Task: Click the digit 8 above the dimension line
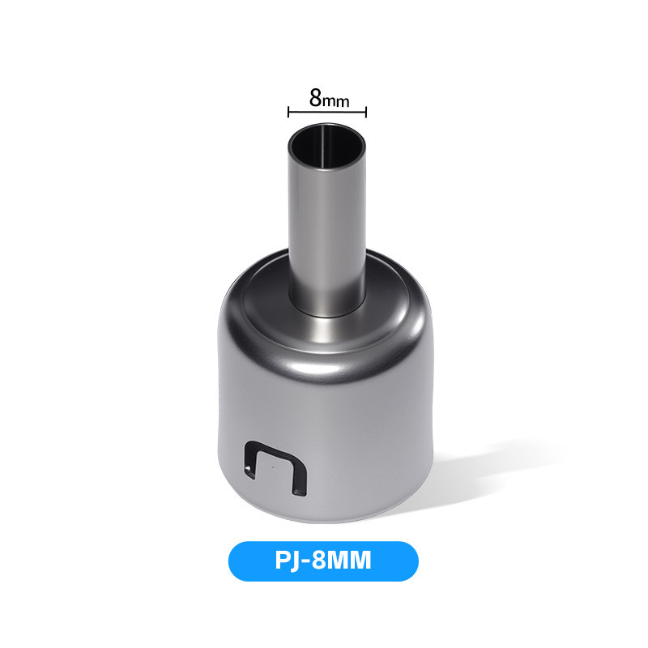tap(316, 98)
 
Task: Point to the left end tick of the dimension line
tap(288, 112)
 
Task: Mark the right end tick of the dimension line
tap(366, 112)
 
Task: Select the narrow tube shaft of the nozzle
tap(327, 232)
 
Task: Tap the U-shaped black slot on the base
tap(275, 468)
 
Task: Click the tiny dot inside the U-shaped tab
tap(274, 468)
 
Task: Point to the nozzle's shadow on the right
tap(488, 475)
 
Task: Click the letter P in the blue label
tap(283, 561)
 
